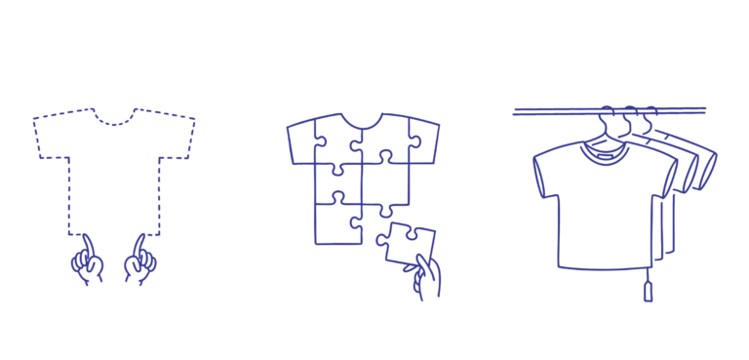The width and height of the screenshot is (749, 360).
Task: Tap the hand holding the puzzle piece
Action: pyautogui.click(x=427, y=277)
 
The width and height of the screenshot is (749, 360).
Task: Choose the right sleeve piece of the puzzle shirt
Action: pyautogui.click(x=419, y=141)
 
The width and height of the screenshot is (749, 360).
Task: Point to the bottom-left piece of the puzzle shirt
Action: pyautogui.click(x=337, y=223)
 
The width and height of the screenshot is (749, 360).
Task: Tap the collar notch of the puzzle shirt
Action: pyautogui.click(x=362, y=122)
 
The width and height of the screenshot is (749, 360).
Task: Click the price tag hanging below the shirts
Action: pyautogui.click(x=648, y=291)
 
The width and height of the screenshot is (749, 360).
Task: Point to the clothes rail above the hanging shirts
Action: pyautogui.click(x=546, y=112)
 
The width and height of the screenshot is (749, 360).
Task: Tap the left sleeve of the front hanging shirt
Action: pyautogui.click(x=549, y=174)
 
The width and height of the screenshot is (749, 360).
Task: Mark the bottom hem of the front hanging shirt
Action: pyautogui.click(x=605, y=265)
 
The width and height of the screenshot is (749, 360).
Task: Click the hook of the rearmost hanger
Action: pyautogui.click(x=648, y=116)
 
